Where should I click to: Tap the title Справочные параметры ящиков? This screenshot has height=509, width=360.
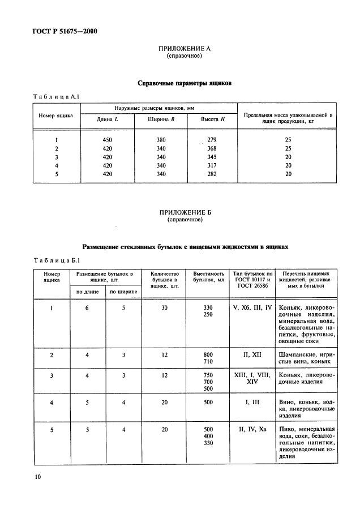[x=185, y=83]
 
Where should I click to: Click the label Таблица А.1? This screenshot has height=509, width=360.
[x=58, y=96]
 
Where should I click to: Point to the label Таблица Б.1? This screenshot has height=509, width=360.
[x=58, y=260]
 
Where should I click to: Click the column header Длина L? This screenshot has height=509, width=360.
[x=107, y=120]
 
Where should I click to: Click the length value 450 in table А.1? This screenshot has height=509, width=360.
[x=107, y=140]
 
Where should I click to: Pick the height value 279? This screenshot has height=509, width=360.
[x=212, y=140]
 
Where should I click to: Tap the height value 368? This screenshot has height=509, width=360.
[x=212, y=148]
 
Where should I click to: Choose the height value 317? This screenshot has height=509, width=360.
[x=212, y=165]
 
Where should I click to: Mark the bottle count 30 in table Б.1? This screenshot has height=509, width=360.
[x=165, y=307]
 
